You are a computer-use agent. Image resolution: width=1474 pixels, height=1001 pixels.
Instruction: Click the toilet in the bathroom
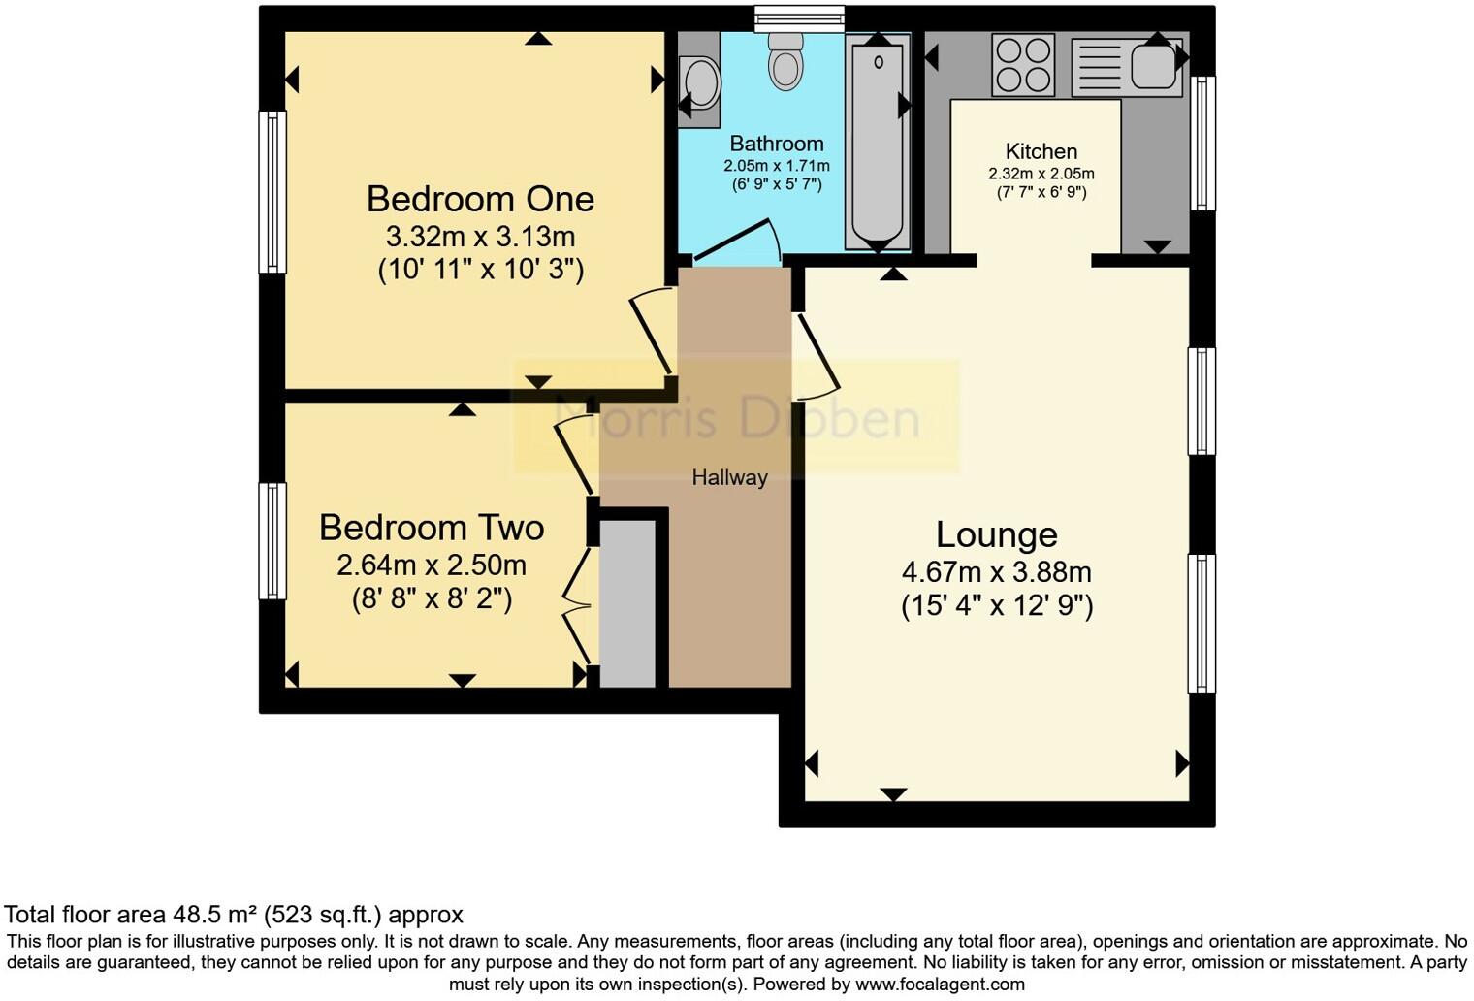785,60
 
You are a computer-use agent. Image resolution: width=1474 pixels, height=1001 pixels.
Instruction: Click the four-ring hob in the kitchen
1023,65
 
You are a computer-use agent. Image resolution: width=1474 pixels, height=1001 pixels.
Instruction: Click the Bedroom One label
480,199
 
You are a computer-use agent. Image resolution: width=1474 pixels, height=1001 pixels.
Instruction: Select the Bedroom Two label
432,528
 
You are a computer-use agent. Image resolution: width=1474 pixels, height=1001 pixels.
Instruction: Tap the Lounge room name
996,534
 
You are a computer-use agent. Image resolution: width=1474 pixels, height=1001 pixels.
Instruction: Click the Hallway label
729,477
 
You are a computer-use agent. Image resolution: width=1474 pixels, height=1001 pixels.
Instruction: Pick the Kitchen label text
1041,151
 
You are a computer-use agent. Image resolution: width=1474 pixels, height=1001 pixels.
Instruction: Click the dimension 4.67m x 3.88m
996,572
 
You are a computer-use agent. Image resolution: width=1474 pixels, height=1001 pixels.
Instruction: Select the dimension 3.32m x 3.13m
480,237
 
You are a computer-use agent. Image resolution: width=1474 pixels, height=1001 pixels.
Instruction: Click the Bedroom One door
653,331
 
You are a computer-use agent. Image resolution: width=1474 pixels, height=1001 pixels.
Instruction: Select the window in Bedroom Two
272,541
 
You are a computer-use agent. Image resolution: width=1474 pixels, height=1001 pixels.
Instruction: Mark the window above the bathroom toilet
799,18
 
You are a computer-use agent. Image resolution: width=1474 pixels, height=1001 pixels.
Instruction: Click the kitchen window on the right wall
1202,144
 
